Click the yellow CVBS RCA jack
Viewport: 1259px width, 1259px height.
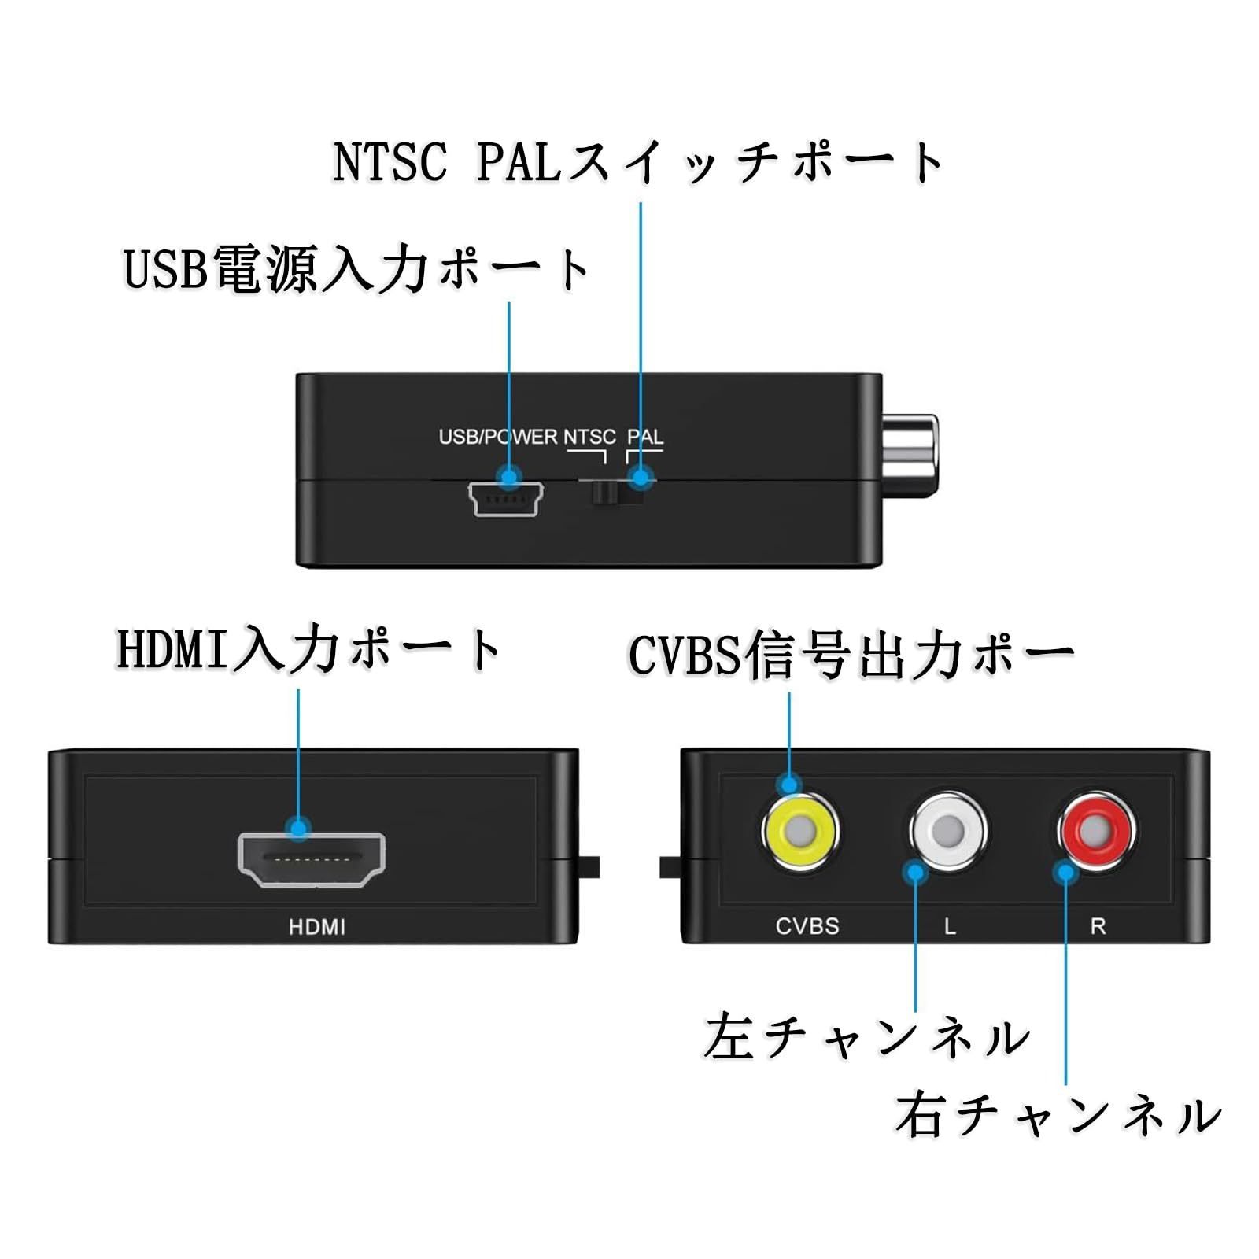click(x=799, y=830)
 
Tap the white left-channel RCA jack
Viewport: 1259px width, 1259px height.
click(x=948, y=829)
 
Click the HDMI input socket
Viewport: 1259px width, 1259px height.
click(x=312, y=860)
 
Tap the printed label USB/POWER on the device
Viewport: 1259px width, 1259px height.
click(x=497, y=438)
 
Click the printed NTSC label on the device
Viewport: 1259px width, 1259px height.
click(x=589, y=438)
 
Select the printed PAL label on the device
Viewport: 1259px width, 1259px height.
click(x=645, y=438)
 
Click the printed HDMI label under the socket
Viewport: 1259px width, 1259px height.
click(x=316, y=927)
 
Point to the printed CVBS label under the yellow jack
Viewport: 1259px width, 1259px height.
click(x=807, y=926)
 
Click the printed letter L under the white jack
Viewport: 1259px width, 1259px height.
click(x=950, y=927)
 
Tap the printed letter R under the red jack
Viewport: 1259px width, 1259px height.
click(x=1098, y=927)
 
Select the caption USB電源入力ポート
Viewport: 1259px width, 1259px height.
click(x=357, y=270)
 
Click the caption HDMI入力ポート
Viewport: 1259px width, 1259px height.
click(x=309, y=650)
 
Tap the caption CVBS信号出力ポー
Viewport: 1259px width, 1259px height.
click(x=851, y=655)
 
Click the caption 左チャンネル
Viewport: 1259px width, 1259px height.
click(x=866, y=1037)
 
